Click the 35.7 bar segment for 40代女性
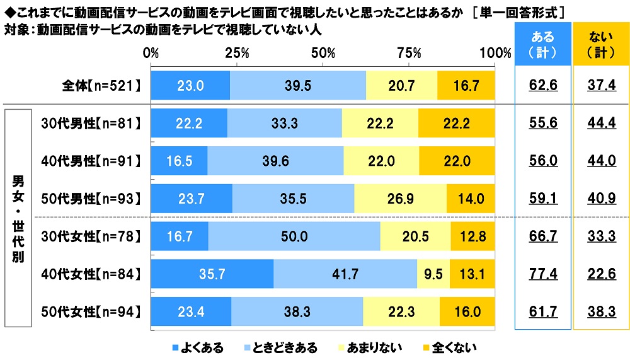coord(212,274)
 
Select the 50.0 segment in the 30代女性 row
coord(294,237)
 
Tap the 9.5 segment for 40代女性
coord(433,274)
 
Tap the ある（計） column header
coord(542,45)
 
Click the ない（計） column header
coord(600,45)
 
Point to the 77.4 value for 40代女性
coord(542,274)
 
